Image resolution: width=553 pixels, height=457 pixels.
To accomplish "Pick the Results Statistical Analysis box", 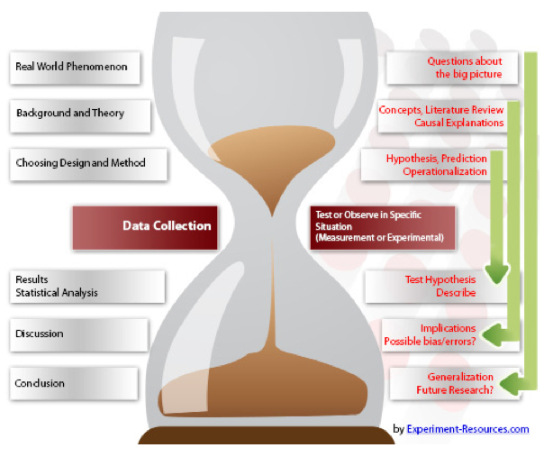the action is (86, 286).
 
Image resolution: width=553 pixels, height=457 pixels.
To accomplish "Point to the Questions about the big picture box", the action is (445, 68).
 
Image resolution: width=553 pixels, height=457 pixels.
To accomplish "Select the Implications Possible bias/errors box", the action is (431, 334).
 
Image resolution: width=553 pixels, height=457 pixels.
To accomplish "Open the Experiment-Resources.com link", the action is (467, 429).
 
